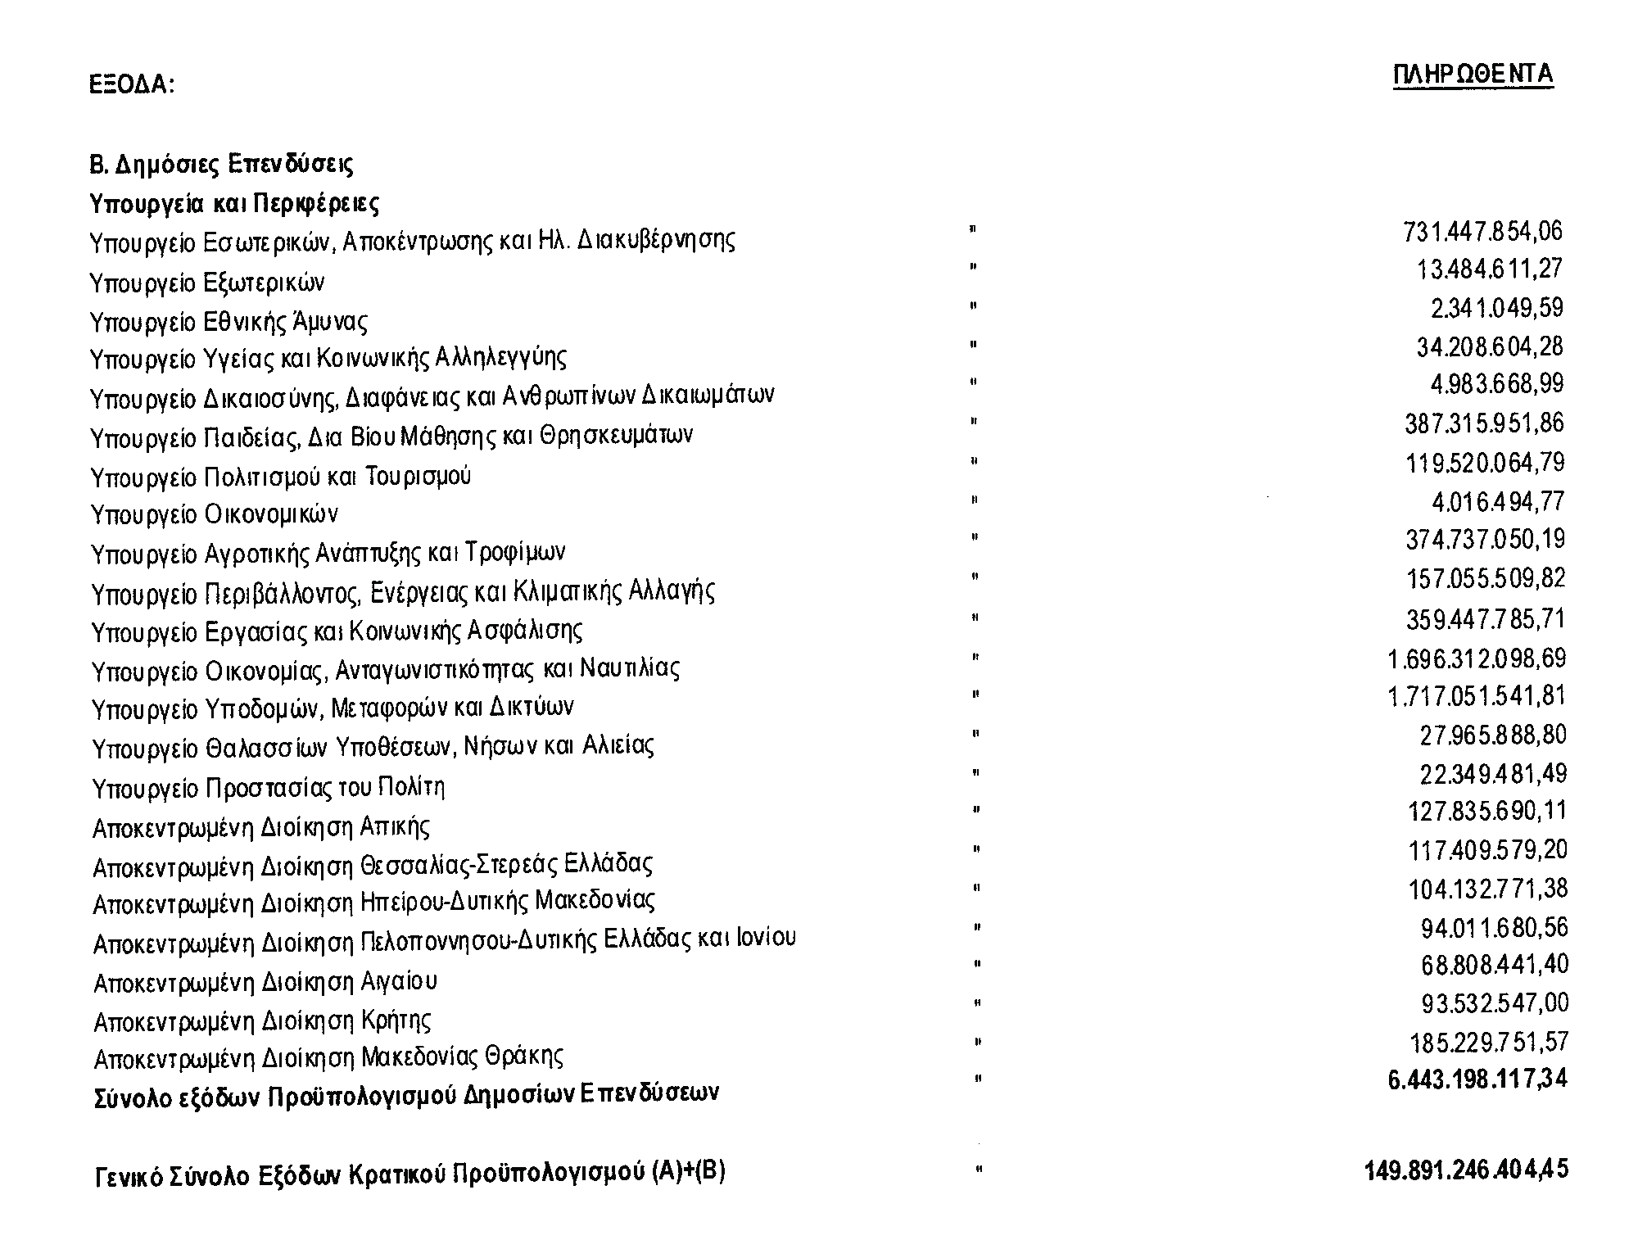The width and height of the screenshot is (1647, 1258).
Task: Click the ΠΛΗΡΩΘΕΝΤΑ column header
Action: tap(1473, 75)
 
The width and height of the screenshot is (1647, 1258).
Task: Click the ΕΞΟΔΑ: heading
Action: tap(131, 84)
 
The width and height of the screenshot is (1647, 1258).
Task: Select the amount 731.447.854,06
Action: tap(1482, 232)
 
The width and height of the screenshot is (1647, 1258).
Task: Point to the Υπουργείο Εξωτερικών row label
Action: tap(207, 283)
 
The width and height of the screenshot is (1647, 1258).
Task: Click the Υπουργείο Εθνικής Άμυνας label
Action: tap(228, 321)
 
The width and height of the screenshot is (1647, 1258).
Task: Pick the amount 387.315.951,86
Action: tap(1484, 423)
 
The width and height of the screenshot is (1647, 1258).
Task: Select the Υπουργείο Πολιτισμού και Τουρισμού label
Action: tap(281, 476)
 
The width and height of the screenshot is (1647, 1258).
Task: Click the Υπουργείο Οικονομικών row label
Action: tap(215, 514)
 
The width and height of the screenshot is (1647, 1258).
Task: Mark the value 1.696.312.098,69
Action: tap(1476, 658)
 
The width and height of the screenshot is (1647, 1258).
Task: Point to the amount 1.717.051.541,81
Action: tap(1476, 696)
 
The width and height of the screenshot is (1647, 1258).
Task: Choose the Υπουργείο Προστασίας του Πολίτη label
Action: tap(269, 788)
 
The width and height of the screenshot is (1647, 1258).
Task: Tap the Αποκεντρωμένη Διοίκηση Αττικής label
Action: tap(261, 827)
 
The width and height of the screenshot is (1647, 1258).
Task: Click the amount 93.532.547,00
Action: tap(1495, 1003)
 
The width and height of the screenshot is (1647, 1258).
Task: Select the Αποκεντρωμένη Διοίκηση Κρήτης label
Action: tap(262, 1021)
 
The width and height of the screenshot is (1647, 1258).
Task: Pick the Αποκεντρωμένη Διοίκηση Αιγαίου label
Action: tap(265, 981)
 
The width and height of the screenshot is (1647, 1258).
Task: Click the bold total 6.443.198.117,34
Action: tap(1477, 1079)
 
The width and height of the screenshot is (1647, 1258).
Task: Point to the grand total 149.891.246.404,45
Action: tap(1466, 1170)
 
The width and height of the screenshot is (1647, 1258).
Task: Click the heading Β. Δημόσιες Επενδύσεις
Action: tap(221, 165)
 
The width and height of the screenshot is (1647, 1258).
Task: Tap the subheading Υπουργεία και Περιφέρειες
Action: tap(234, 202)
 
